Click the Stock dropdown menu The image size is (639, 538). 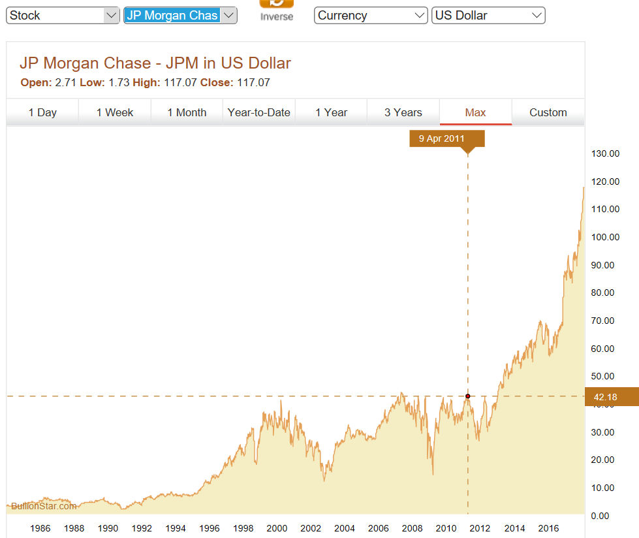[62, 16]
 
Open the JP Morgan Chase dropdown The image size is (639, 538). [179, 16]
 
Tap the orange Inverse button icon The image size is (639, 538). [277, 3]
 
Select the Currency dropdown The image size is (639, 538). [371, 16]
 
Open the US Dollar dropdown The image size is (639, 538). [488, 16]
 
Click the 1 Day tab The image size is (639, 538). [42, 112]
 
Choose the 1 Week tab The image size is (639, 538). [115, 112]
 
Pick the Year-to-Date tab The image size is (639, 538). [258, 112]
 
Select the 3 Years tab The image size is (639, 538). [403, 112]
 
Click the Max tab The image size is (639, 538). [475, 112]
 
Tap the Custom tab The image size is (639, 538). [548, 112]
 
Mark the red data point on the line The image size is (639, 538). [468, 396]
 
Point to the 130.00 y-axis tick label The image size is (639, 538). [604, 153]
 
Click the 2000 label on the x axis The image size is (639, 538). [277, 528]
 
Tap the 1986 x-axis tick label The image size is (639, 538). [40, 528]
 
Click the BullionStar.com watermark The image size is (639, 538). [44, 506]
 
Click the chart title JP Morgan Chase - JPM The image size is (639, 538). [155, 63]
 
